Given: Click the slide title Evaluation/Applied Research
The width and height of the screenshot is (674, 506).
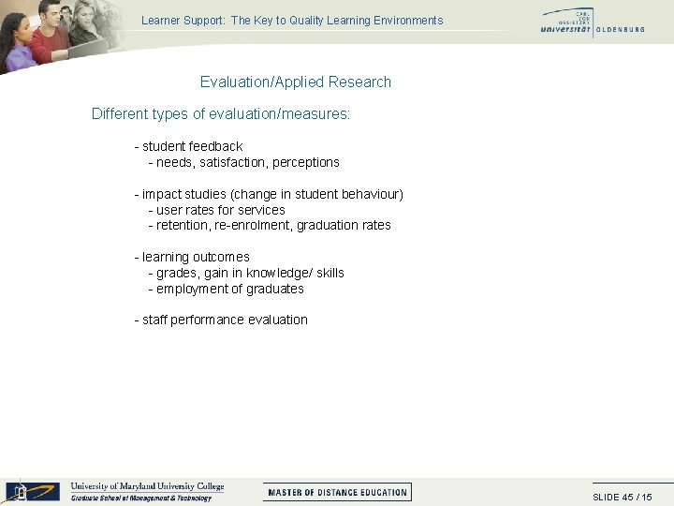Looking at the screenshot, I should pos(295,82).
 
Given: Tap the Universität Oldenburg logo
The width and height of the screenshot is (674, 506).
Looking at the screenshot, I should pos(592,22).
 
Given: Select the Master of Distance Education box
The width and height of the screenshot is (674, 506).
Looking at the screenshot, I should pos(337,492).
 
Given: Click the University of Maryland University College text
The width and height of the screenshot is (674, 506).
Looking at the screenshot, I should pos(147,486).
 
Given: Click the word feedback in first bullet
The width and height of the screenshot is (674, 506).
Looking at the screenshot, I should pos(215,146).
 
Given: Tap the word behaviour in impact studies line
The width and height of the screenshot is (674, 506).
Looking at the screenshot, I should pos(368,194).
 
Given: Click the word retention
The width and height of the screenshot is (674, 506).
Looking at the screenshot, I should pos(182,225).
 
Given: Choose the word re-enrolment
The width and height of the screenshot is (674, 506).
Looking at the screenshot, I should pos(252,225).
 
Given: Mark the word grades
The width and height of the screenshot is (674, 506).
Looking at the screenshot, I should pos(176,273).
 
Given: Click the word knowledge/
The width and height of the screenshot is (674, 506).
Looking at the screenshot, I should pos(279,273).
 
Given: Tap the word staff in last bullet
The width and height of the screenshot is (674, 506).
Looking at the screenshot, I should pos(154,320).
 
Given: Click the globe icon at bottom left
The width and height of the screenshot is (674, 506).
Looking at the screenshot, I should pos(20,491).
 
